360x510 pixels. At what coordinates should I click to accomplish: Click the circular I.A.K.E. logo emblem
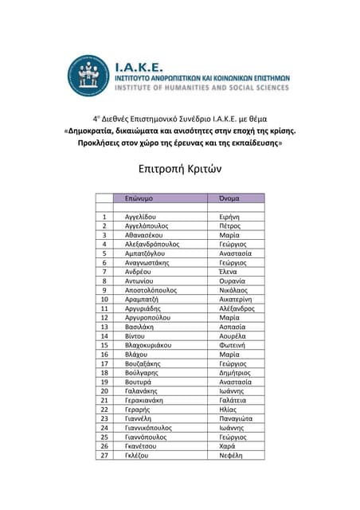click(x=88, y=76)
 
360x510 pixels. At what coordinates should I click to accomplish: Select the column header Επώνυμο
click(x=139, y=197)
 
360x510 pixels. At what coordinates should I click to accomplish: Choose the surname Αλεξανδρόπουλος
click(x=152, y=245)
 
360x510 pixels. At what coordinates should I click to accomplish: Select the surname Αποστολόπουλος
click(x=151, y=290)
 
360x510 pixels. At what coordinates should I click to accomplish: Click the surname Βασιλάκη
click(x=139, y=327)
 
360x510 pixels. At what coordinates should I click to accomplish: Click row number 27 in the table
click(x=104, y=455)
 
